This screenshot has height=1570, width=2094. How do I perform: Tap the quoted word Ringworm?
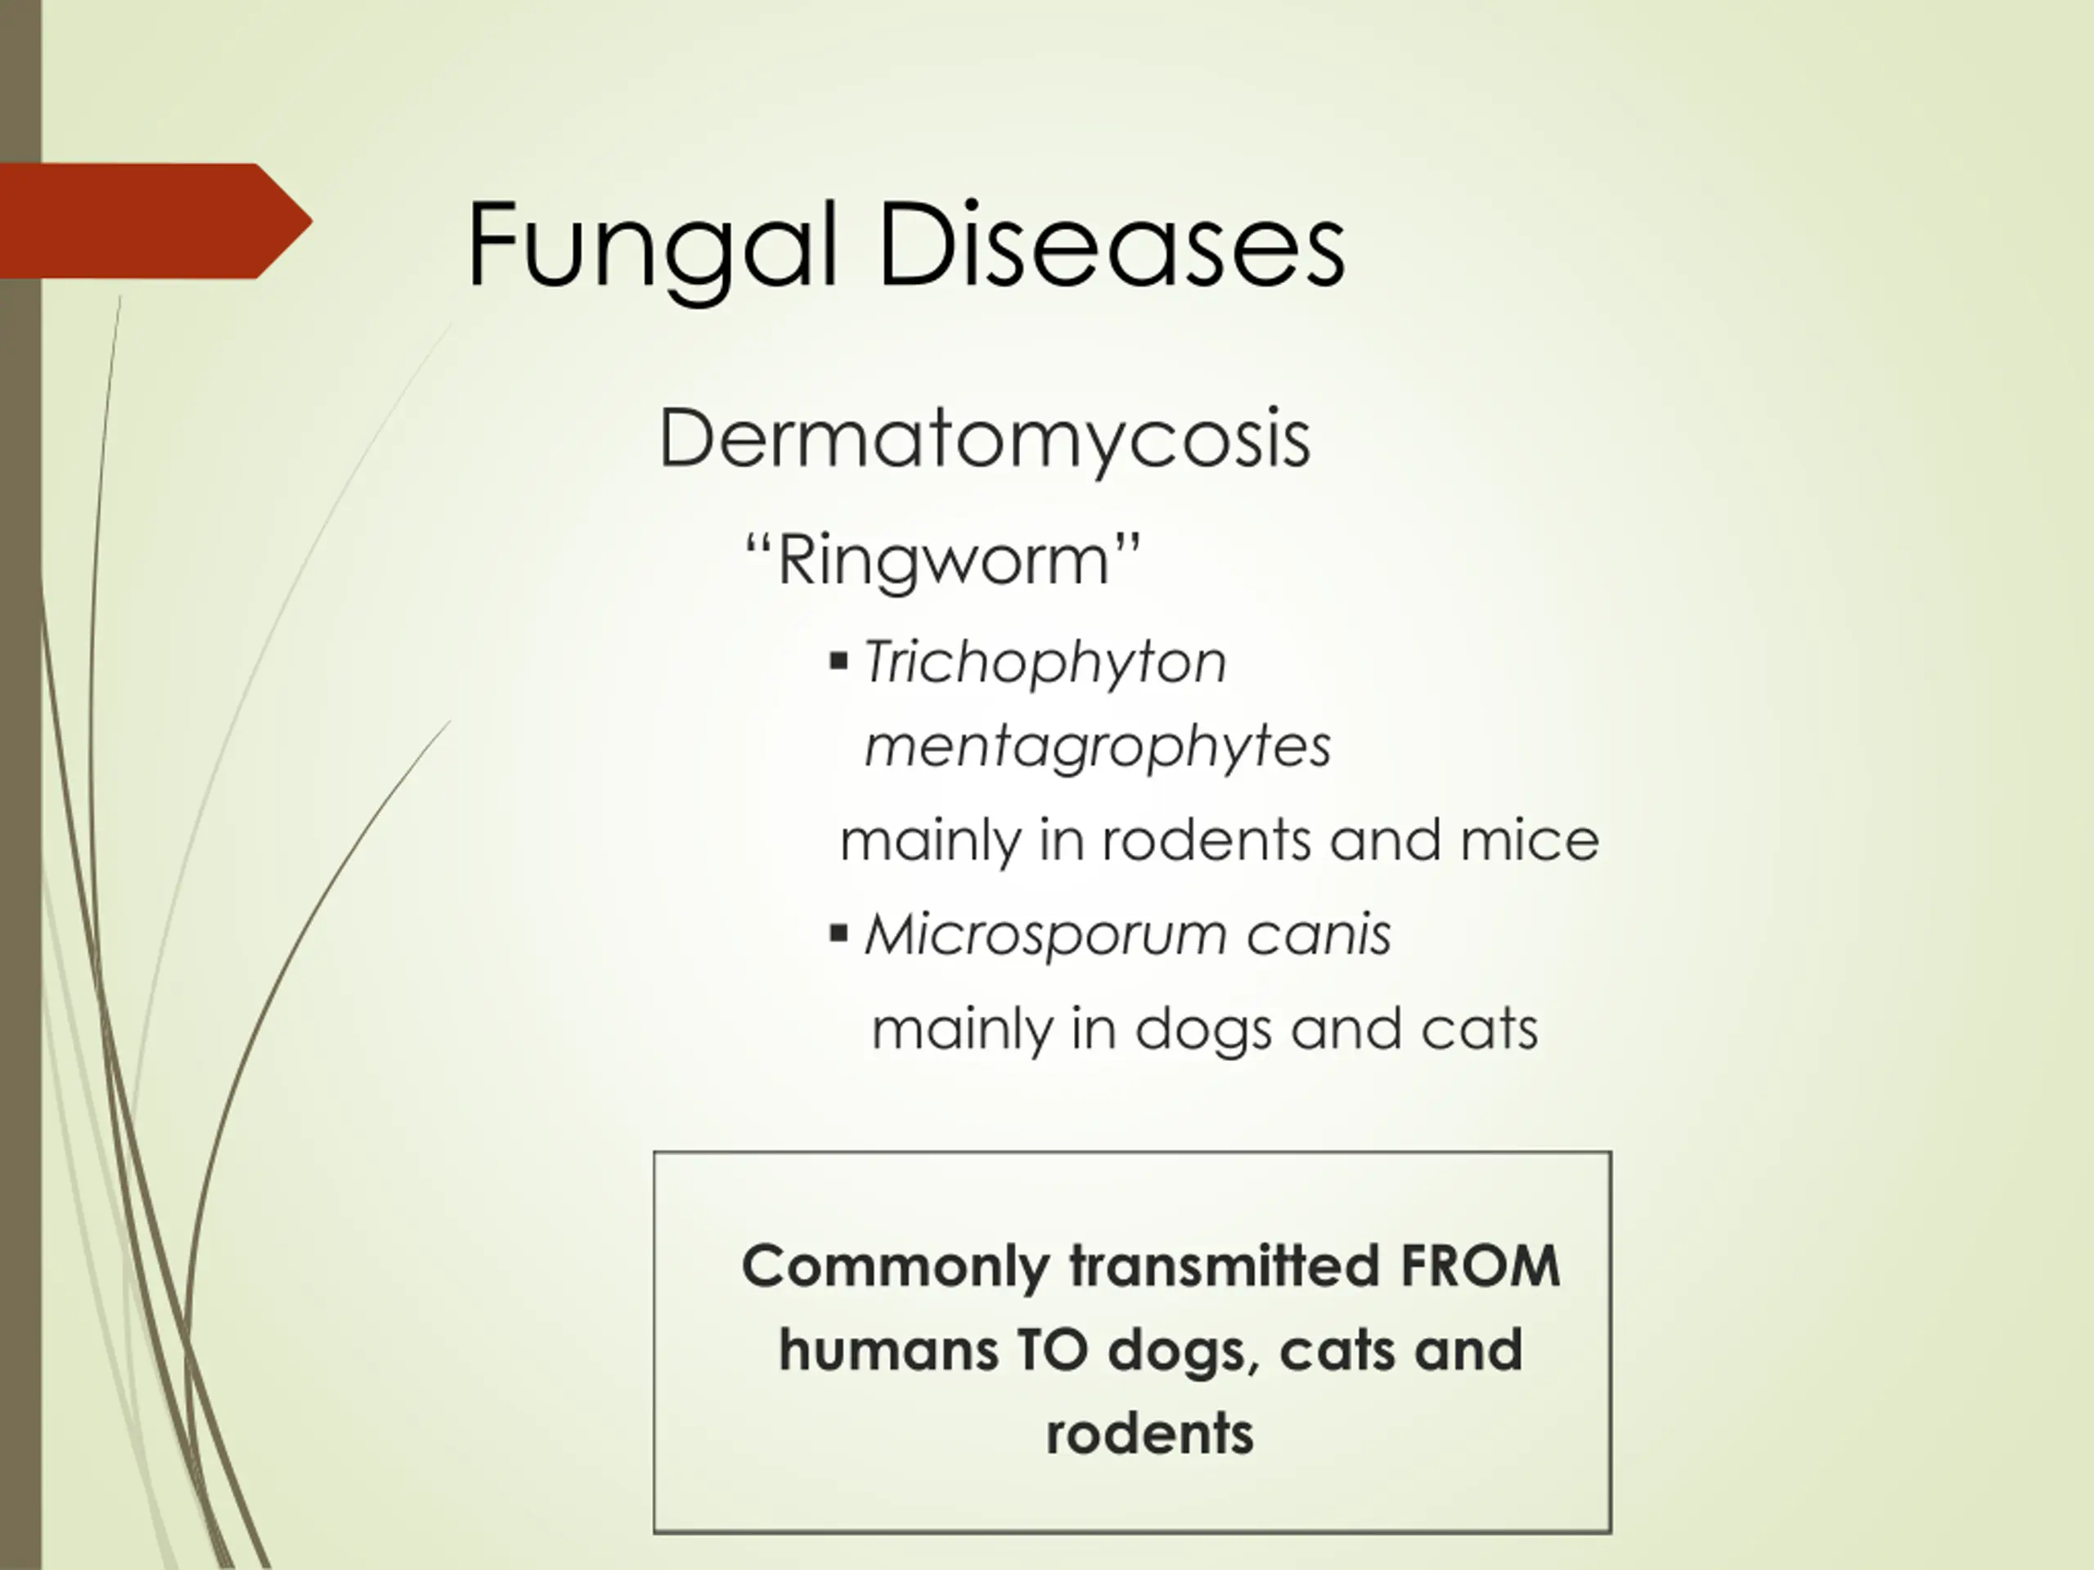pyautogui.click(x=943, y=560)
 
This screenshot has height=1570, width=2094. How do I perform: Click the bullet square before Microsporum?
pyautogui.click(x=838, y=933)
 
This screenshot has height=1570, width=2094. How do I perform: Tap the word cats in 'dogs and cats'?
pyautogui.click(x=1480, y=1028)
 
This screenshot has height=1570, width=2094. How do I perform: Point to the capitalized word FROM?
pyautogui.click(x=1480, y=1266)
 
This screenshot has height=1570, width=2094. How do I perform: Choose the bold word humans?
pyautogui.click(x=888, y=1350)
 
